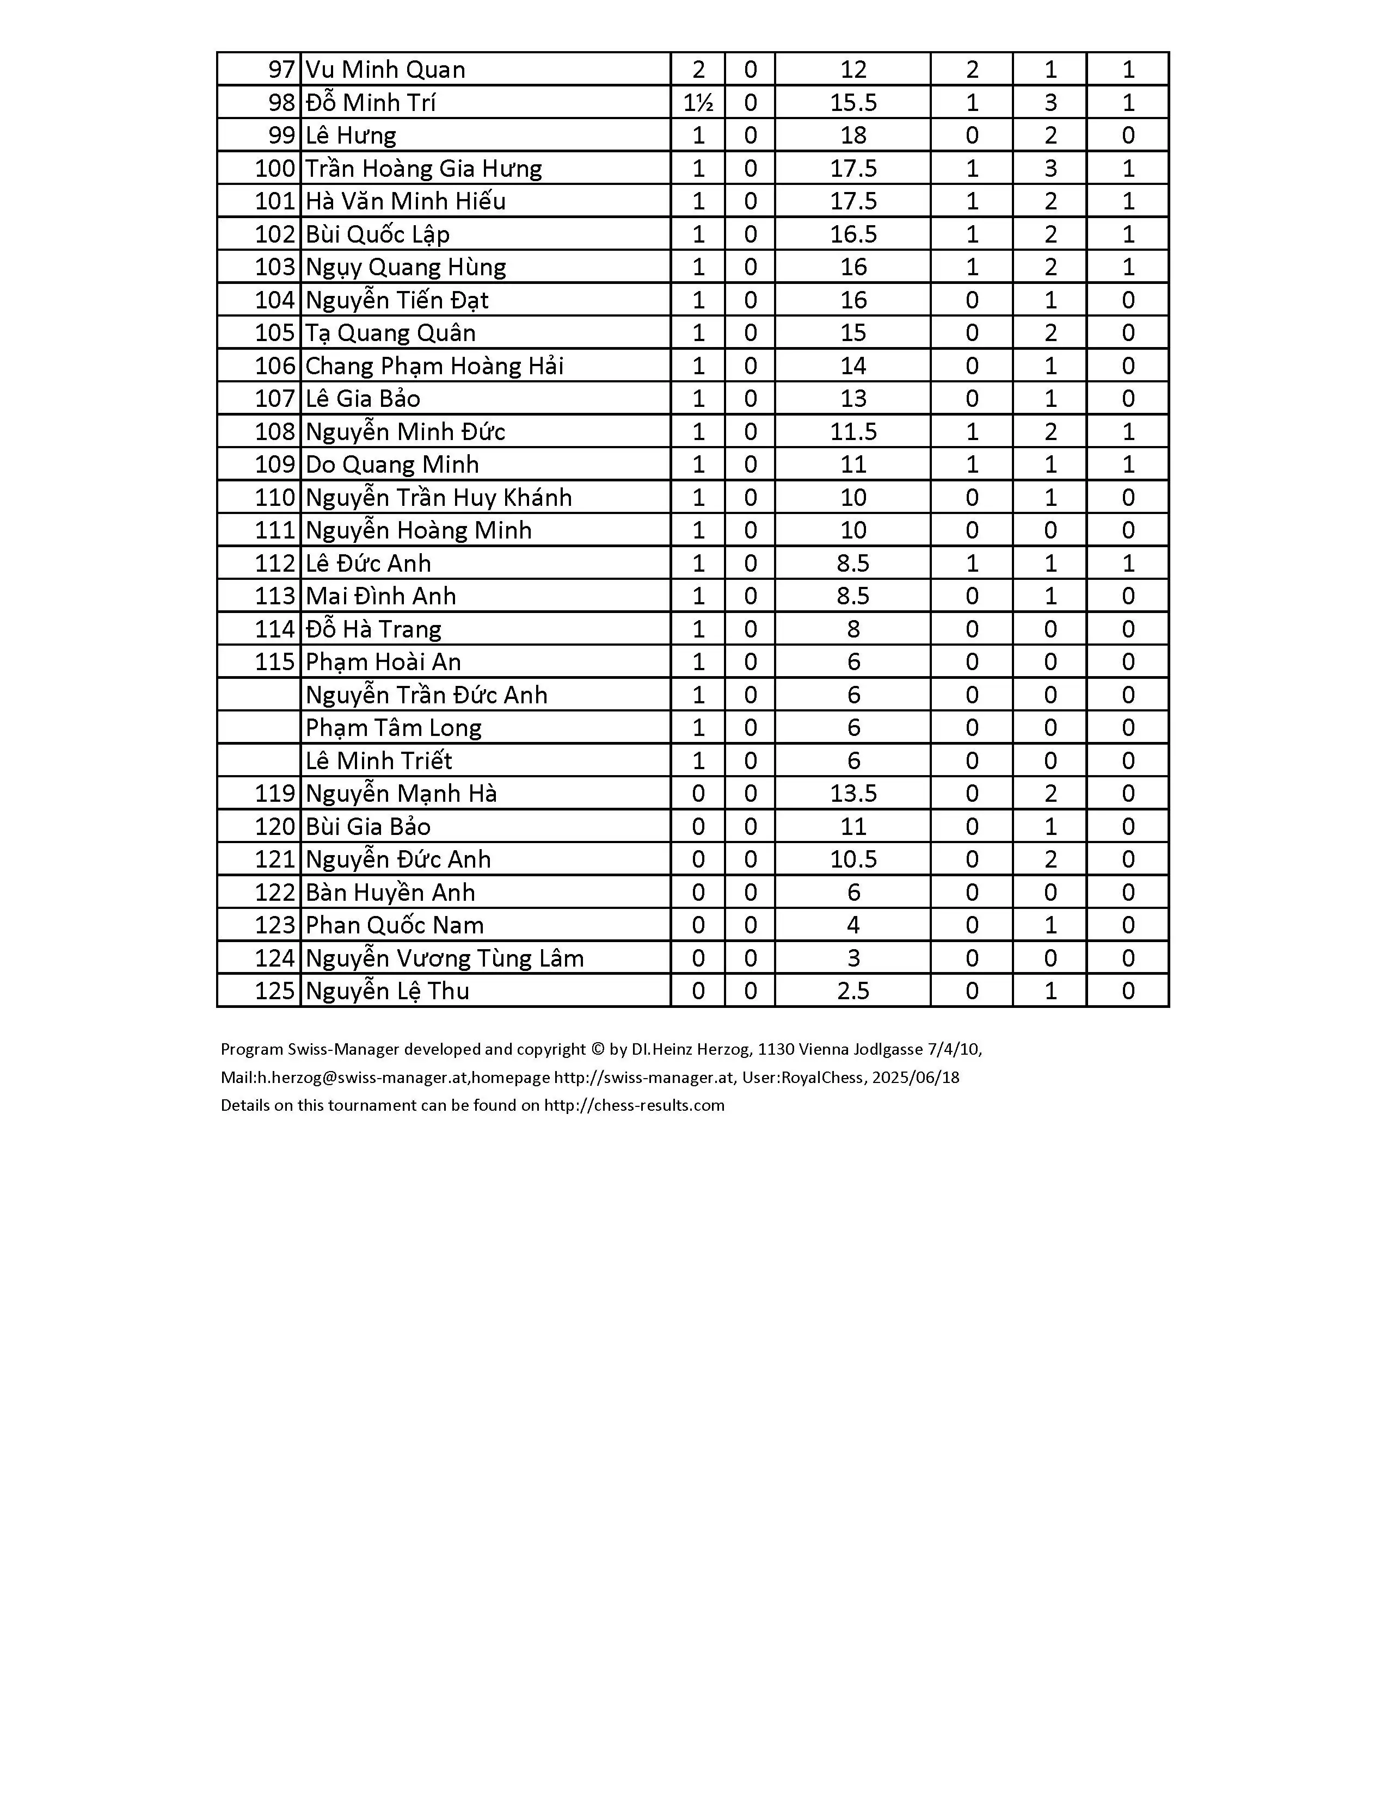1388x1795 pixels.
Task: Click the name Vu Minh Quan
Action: click(x=385, y=70)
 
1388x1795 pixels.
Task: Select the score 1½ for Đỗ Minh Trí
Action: click(x=698, y=103)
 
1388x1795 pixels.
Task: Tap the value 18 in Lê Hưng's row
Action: click(x=853, y=135)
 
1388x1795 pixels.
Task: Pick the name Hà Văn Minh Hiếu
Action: click(x=406, y=201)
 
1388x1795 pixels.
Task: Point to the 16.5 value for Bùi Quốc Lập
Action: click(x=853, y=234)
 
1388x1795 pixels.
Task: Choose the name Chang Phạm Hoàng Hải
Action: click(x=434, y=366)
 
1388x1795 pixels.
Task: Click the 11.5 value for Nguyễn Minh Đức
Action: click(x=853, y=431)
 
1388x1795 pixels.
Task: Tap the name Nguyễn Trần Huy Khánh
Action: click(x=438, y=497)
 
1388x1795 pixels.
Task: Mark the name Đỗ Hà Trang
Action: click(x=373, y=629)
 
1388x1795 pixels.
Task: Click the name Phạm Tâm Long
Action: click(x=393, y=727)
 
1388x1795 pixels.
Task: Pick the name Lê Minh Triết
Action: click(x=378, y=760)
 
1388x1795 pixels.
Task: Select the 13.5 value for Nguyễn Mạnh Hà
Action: click(x=853, y=793)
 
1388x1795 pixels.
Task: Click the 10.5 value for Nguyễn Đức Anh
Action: click(x=853, y=859)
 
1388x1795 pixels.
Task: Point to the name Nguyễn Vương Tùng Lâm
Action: click(x=444, y=957)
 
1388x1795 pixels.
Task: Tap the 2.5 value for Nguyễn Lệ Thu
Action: click(x=853, y=991)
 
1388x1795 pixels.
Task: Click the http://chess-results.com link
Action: click(x=634, y=1105)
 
